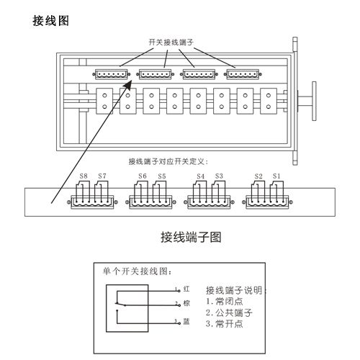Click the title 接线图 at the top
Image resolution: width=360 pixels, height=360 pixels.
click(x=51, y=20)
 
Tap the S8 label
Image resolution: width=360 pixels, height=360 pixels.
click(x=84, y=176)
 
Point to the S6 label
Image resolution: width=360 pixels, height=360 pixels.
click(x=143, y=176)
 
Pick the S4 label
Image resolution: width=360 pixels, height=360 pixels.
click(x=200, y=176)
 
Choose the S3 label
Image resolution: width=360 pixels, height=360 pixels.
click(x=218, y=176)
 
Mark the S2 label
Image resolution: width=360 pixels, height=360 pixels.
click(x=258, y=176)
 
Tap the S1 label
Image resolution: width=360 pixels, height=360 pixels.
click(x=276, y=176)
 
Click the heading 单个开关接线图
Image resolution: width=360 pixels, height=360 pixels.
click(x=135, y=272)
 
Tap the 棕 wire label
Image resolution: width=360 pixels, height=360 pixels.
click(x=186, y=304)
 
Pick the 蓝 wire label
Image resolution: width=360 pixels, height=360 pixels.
click(x=186, y=321)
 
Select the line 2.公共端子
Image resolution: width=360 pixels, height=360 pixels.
click(x=229, y=313)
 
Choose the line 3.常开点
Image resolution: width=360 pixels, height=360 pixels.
click(x=225, y=325)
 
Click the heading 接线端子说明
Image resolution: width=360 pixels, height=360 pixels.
click(x=236, y=290)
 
